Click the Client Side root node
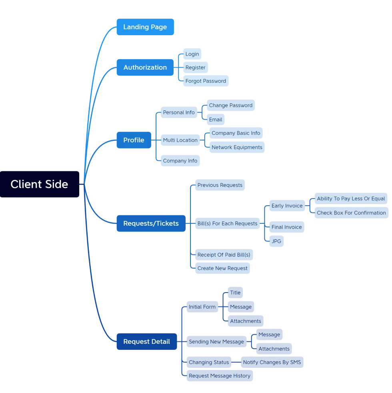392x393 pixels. point(39,184)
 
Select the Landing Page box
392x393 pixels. point(145,27)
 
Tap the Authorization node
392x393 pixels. point(145,67)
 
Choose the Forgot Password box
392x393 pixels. point(206,81)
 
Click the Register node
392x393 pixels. point(196,68)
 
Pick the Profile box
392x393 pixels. point(134,140)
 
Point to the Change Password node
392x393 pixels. point(231,105)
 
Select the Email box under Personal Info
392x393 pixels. point(216,120)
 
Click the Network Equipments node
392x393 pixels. point(237,147)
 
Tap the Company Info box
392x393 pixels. point(180,160)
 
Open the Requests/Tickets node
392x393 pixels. point(151,223)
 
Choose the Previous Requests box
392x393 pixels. point(220,185)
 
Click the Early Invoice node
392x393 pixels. point(287,206)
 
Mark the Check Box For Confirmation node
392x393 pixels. point(351,213)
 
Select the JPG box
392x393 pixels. point(276,241)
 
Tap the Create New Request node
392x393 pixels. point(222,268)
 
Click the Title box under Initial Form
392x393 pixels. point(235,293)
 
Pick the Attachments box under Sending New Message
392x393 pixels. point(274,349)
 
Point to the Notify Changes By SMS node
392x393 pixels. point(272,362)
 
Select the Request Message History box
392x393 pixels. point(220,376)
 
